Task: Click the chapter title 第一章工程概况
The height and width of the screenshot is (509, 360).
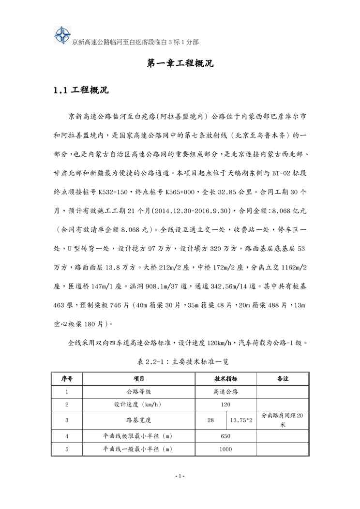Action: pos(180,64)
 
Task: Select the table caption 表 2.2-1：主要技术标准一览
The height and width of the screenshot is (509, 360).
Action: pos(180,360)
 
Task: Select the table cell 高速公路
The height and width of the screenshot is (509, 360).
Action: pos(225,391)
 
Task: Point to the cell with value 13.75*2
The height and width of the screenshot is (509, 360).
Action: pos(241,420)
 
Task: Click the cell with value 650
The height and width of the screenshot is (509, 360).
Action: pos(225,436)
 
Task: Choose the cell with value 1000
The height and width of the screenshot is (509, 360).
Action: pos(225,449)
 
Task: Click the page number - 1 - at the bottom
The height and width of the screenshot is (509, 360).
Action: pos(180,477)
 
